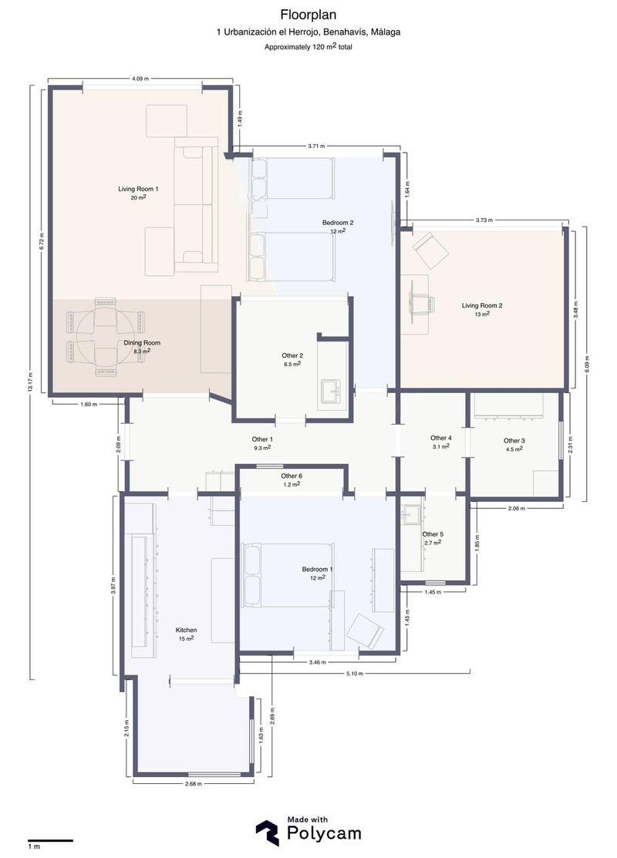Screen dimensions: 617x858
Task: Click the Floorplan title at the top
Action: point(308,14)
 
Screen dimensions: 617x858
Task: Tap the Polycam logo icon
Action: point(267,833)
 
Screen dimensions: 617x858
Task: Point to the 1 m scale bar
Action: point(50,840)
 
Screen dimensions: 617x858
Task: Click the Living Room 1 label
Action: point(139,189)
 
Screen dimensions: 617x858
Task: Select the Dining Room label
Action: point(143,342)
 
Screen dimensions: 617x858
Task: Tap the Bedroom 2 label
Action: point(338,223)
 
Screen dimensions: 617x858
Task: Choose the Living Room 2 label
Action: point(482,305)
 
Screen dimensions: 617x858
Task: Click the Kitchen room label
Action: point(186,630)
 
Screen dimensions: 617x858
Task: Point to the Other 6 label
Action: point(292,476)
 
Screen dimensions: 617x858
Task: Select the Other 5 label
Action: point(433,534)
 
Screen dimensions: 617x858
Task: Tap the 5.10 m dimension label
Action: point(355,674)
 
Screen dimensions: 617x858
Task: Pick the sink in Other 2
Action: point(332,389)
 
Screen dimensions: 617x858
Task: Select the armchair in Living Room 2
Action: point(430,250)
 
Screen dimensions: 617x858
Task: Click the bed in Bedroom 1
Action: point(288,575)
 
